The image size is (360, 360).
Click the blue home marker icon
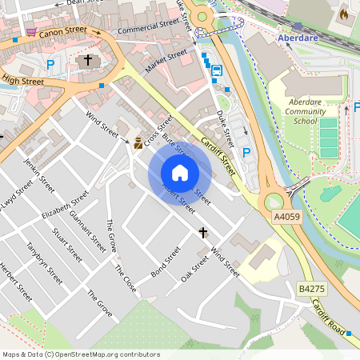pyautogui.click(x=180, y=173)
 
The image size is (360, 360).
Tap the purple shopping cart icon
pyautogui.click(x=30, y=32)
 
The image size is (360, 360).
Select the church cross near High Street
pyautogui.click(x=88, y=60)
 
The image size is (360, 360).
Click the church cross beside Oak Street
pyautogui.click(x=203, y=233)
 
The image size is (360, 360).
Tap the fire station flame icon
pyautogui.click(x=344, y=14)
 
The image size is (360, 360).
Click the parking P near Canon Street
pyautogui.click(x=51, y=65)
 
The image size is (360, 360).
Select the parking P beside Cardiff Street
pyautogui.click(x=246, y=152)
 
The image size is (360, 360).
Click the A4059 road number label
pyautogui.click(x=286, y=217)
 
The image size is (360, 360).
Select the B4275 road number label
pyautogui.click(x=311, y=288)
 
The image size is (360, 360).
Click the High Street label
pyautogui.click(x=22, y=80)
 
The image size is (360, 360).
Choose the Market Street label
pyautogui.click(x=166, y=59)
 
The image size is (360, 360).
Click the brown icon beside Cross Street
pyautogui.click(x=138, y=143)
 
